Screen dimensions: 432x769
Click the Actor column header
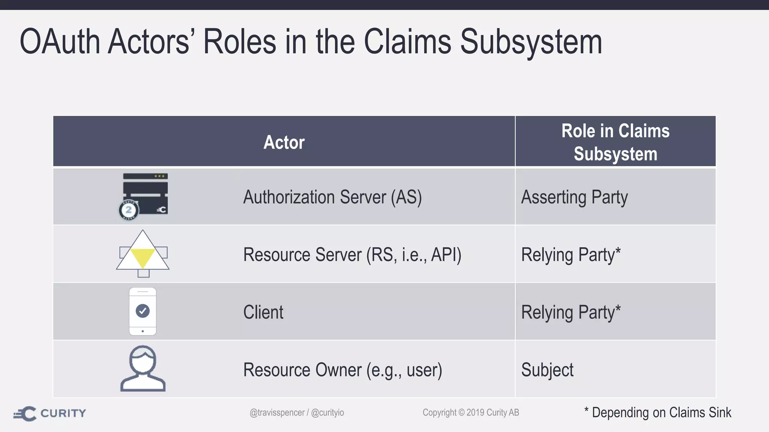(284, 142)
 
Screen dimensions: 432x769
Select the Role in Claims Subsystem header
(615, 142)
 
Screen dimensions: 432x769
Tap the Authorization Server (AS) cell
(332, 197)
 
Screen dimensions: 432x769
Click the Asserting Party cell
(574, 197)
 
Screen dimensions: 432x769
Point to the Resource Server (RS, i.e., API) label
(352, 255)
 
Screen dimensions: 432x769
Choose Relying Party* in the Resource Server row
(571, 255)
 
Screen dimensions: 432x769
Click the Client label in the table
(263, 312)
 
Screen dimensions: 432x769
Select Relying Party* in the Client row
(571, 312)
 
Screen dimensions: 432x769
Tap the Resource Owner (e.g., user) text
(342, 370)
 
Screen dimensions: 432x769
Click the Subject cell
(547, 370)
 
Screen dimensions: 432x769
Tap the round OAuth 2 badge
(128, 210)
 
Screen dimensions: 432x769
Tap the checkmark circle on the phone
(143, 311)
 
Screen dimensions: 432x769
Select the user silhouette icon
(143, 369)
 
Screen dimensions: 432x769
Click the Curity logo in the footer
(50, 413)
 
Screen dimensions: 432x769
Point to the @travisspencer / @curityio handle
(297, 412)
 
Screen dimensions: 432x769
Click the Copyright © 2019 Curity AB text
(471, 412)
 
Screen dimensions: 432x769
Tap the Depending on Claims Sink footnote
(658, 412)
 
